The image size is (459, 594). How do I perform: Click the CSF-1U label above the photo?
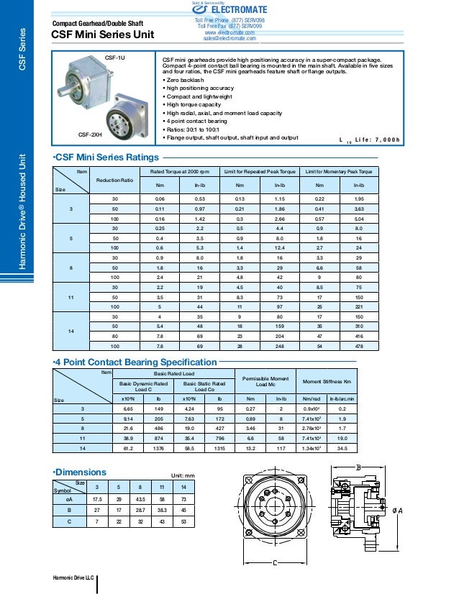pyautogui.click(x=116, y=57)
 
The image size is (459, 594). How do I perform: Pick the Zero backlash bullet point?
pyautogui.click(x=186, y=81)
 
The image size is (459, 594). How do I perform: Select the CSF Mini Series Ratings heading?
pyautogui.click(x=106, y=157)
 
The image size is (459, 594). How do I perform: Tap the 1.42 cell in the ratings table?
pyautogui.click(x=201, y=218)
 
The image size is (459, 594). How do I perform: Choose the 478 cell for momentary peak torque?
pyautogui.click(x=358, y=347)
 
